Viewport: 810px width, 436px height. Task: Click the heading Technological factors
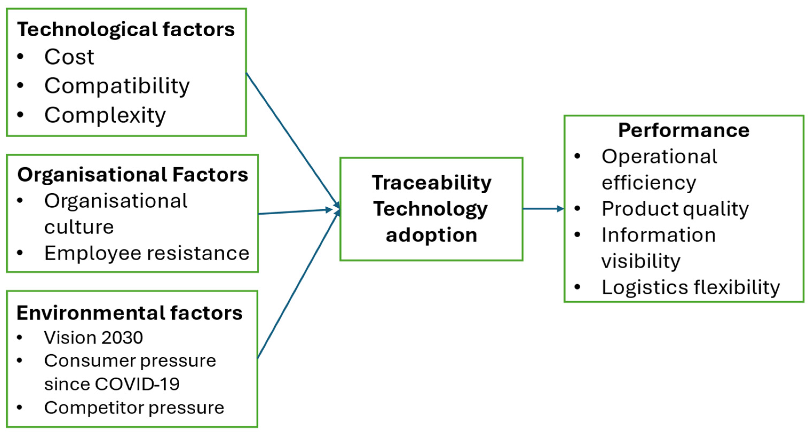[126, 30]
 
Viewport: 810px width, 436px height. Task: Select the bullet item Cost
[69, 57]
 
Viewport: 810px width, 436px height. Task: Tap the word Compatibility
[117, 86]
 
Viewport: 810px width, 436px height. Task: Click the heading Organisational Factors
[132, 175]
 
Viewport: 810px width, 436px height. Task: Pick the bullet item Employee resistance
[146, 253]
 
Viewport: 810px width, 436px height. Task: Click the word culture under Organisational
[79, 227]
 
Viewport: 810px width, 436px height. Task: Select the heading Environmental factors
[129, 313]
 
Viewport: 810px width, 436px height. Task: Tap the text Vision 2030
[93, 338]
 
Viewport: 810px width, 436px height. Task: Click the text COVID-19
[137, 384]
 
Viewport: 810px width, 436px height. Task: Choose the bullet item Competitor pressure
[134, 408]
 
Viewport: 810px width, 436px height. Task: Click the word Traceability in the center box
[431, 183]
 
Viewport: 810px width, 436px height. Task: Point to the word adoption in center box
[431, 235]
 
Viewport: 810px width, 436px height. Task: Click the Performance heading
[684, 130]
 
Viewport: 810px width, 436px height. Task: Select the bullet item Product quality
[675, 209]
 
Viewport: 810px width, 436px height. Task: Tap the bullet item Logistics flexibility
[690, 287]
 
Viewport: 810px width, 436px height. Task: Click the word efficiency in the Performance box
[649, 183]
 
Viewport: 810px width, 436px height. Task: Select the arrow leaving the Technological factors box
[292, 140]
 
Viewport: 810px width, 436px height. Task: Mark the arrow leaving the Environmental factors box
[297, 286]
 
